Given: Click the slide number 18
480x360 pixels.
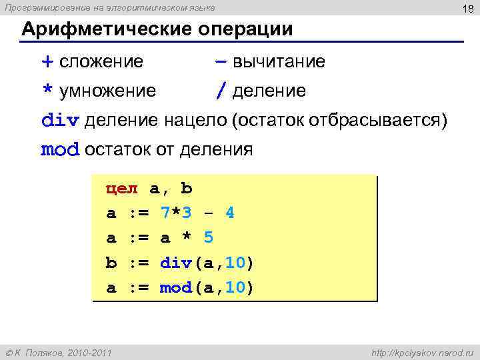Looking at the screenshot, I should (x=465, y=7).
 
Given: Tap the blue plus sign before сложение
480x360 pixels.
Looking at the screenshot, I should (x=47, y=62).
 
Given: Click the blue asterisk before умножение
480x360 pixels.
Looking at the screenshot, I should (x=47, y=91).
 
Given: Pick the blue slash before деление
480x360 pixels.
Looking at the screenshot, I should (x=220, y=91).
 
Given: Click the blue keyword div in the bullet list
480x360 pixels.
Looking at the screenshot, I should (x=60, y=120).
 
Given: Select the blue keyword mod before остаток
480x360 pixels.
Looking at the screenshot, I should (x=60, y=149).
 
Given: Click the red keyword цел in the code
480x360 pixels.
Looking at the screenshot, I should (x=121, y=189).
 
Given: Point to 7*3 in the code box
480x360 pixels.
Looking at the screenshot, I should (x=176, y=213).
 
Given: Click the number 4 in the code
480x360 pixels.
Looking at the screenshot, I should (x=230, y=213).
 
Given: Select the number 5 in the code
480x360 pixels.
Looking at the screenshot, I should (x=208, y=238).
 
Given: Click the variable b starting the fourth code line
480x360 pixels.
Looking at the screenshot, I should (x=111, y=263).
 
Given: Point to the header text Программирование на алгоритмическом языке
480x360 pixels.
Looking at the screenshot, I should (x=110, y=7).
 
